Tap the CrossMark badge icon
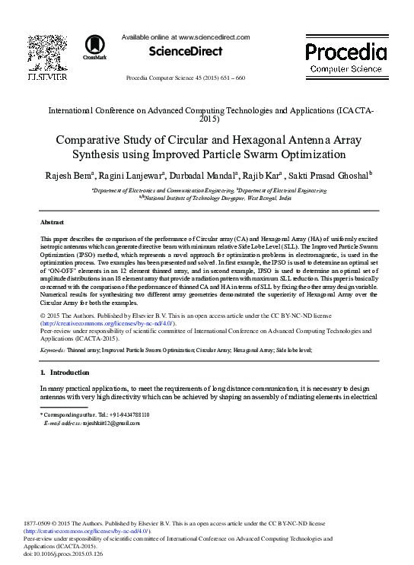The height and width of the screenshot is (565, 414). click(x=94, y=46)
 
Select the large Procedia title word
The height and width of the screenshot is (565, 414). click(x=346, y=52)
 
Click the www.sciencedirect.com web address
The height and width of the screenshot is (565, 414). click(x=213, y=37)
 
